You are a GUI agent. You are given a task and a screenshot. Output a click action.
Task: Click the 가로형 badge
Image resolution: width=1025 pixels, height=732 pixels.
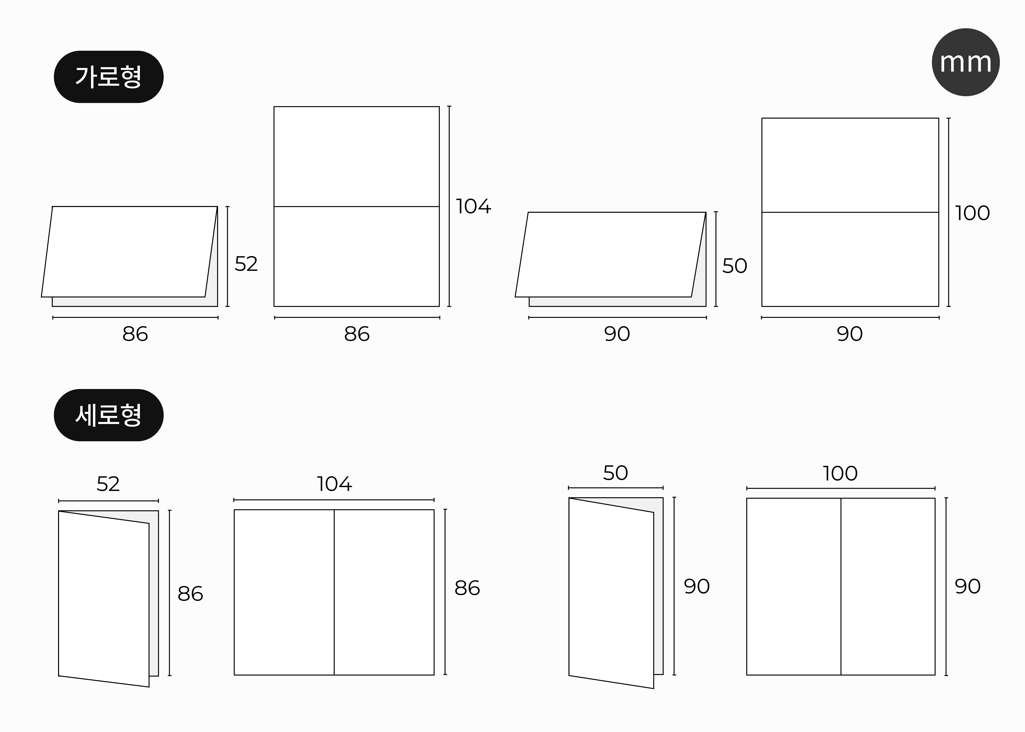pos(109,77)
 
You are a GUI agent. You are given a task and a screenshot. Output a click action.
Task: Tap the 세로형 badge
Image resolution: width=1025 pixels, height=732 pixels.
pos(109,415)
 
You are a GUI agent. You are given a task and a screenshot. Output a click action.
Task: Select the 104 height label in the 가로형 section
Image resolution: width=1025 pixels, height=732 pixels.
pos(473,206)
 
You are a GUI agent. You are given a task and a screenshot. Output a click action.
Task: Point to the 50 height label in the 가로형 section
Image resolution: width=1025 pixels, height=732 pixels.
pos(735,266)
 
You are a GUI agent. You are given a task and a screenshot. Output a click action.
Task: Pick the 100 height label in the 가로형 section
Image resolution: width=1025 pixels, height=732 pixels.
pos(972,213)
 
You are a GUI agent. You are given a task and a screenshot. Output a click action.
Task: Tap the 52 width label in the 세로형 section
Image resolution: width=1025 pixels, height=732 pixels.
pos(108,484)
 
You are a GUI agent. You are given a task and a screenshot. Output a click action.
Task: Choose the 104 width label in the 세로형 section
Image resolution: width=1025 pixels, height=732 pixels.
pos(334,484)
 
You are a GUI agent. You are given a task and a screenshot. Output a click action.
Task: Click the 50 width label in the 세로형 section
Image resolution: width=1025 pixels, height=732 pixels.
pos(615,473)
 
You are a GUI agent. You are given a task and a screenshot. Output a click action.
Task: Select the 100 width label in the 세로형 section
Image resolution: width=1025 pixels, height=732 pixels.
pos(840,473)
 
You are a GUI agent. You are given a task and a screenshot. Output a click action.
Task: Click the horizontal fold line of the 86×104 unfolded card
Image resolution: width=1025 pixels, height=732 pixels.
pos(357,206)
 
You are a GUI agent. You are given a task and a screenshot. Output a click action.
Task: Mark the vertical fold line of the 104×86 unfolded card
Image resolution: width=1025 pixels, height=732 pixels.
pos(334,592)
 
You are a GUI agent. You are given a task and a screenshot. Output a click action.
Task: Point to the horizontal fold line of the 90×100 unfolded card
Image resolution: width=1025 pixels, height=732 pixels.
pos(850,212)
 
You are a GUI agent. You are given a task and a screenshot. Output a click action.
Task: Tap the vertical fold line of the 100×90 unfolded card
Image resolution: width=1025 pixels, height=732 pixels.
pos(841,586)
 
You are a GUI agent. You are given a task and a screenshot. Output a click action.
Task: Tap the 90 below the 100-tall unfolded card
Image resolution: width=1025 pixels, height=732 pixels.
pos(850,334)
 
